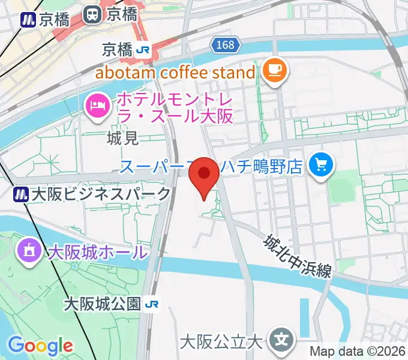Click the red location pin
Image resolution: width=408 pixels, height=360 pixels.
click(x=204, y=175)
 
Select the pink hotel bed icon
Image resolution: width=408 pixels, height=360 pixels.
click(x=96, y=107)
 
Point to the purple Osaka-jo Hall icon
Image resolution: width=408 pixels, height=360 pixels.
click(x=29, y=250)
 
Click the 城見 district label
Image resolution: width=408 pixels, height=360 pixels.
click(x=122, y=139)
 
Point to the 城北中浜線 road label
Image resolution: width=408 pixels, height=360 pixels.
click(x=297, y=255)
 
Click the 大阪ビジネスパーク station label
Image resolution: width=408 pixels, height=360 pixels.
click(x=101, y=194)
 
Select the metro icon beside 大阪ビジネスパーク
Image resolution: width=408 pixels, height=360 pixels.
click(x=22, y=194)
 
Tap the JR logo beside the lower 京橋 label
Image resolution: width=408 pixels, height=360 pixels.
click(x=143, y=50)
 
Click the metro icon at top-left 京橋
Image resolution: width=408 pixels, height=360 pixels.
click(x=27, y=19)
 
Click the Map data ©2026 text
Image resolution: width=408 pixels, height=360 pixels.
click(x=357, y=351)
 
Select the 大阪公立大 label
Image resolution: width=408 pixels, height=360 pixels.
click(x=222, y=343)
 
